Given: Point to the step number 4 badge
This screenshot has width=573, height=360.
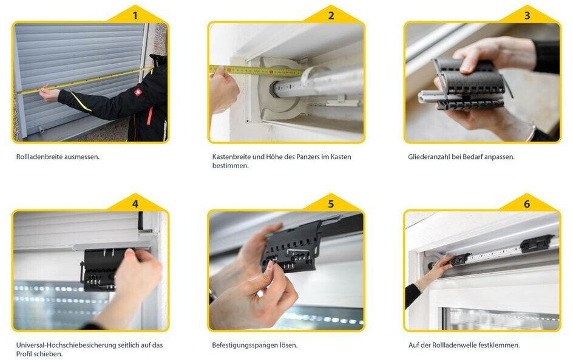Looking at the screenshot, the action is pos(135,204).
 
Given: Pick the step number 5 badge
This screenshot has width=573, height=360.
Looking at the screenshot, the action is pos(331,204).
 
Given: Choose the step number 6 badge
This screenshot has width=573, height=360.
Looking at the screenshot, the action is pos(527,204).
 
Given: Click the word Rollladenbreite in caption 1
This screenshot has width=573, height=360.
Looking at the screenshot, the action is pos(39,157).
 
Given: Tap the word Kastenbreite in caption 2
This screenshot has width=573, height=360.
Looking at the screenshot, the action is pos(231,157).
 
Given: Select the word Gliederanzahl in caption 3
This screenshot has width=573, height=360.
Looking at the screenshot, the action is pos(429,157).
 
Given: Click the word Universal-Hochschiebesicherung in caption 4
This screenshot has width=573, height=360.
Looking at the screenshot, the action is pos(65,345).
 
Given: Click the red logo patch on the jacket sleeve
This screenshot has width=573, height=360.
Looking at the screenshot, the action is pos(138,92).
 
